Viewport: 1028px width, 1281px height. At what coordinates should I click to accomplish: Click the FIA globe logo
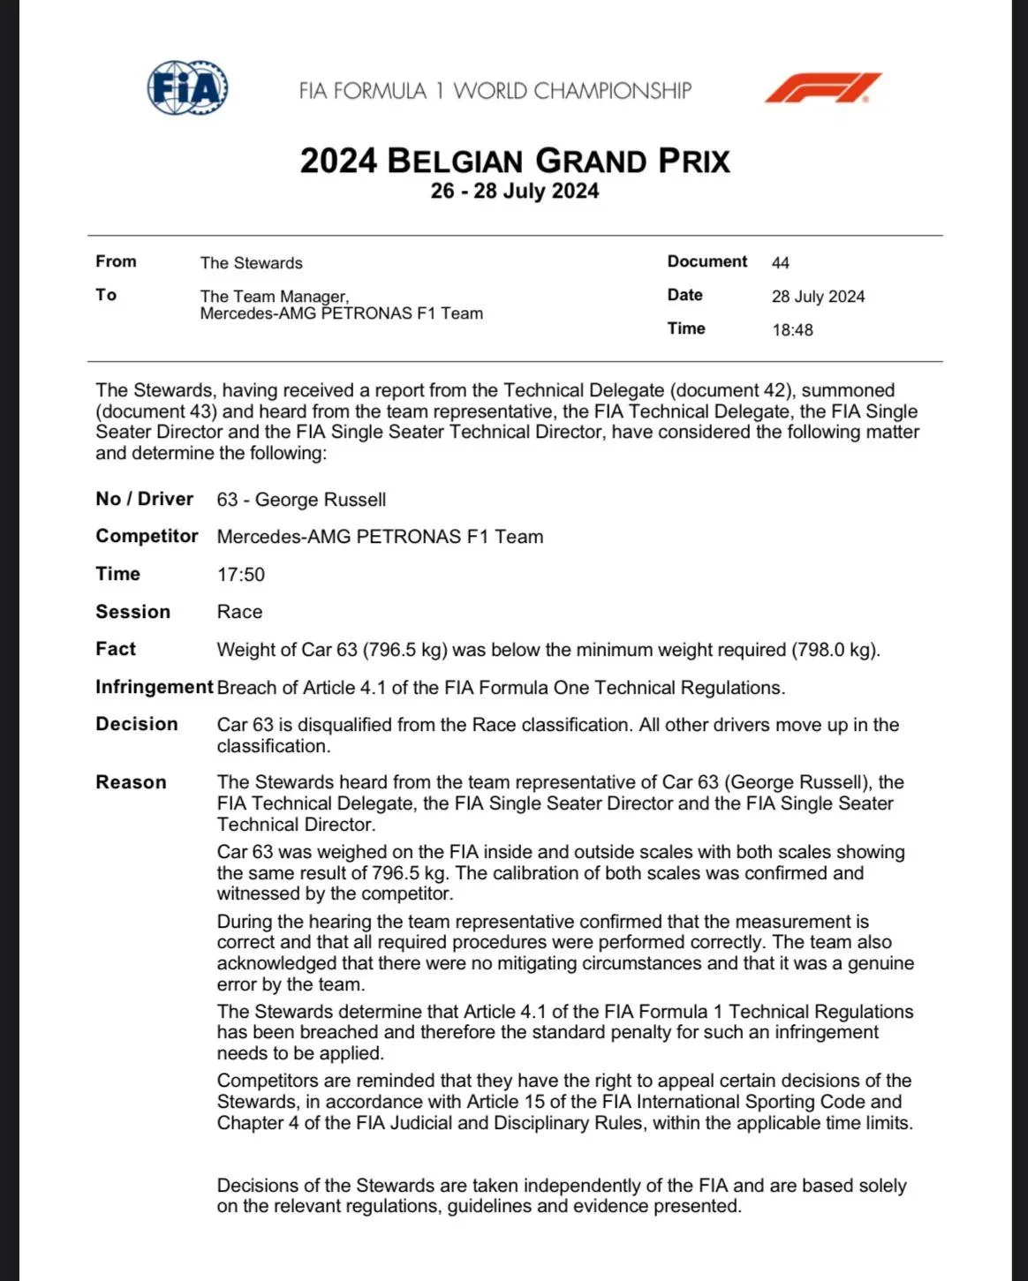pos(187,87)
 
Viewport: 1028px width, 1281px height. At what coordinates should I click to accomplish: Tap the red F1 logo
pos(822,88)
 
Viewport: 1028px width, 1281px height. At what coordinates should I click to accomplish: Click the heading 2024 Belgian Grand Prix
pos(515,162)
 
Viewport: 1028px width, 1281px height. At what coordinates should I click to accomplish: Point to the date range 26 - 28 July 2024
pos(515,192)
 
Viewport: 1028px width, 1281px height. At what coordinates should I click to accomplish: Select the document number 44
pos(781,263)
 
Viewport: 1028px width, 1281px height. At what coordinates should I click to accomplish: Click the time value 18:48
pos(792,330)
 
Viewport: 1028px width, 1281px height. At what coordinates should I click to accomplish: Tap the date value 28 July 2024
pos(818,297)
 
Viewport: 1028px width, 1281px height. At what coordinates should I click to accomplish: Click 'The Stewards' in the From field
pos(251,263)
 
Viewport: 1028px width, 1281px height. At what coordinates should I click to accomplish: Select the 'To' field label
pos(106,295)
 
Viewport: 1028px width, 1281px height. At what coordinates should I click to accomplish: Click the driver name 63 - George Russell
pos(301,500)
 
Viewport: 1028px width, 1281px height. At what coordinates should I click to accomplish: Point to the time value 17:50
pos(241,575)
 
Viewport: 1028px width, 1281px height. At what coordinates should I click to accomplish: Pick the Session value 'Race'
pos(239,612)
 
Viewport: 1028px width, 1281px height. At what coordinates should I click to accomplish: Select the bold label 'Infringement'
pos(154,688)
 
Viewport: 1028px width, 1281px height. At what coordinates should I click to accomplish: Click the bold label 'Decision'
pos(137,724)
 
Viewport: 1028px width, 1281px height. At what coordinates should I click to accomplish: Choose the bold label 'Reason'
pos(131,782)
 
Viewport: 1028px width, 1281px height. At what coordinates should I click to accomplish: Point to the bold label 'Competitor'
pos(147,537)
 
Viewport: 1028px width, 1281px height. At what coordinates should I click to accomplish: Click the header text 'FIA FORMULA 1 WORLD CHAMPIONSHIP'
pos(495,91)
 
